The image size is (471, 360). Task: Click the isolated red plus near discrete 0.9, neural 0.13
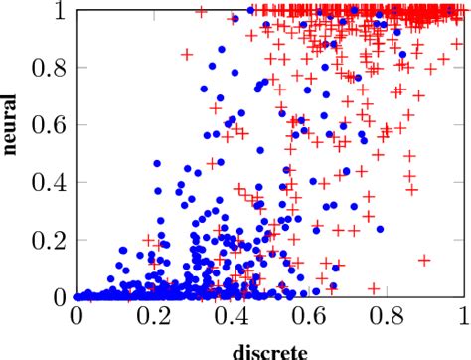[x=424, y=260]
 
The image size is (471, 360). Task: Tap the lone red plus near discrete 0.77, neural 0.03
[x=375, y=288]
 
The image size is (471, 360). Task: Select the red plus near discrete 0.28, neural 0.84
[x=186, y=54]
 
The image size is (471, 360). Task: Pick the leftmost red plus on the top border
[x=203, y=11]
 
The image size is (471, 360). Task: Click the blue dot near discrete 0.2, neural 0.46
[x=156, y=163]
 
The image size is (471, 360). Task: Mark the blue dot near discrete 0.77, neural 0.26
[x=375, y=223]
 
